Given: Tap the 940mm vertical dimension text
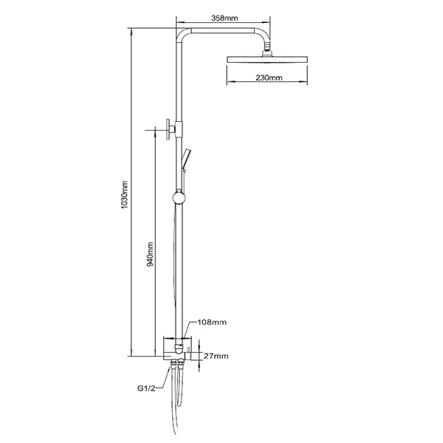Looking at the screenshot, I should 150,253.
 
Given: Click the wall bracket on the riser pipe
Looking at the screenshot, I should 171,128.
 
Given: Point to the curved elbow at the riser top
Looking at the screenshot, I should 182,32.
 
